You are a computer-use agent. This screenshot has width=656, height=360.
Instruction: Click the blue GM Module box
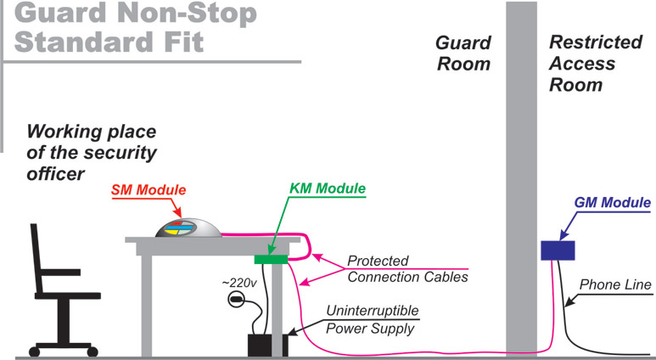click(558, 250)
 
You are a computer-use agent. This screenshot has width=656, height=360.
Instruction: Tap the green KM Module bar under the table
click(272, 259)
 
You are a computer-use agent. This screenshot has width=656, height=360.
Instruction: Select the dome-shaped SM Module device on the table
click(190, 227)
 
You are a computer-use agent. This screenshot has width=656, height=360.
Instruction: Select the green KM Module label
click(326, 188)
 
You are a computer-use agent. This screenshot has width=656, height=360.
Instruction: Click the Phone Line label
click(615, 285)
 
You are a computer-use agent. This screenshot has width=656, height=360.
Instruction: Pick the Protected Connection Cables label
click(407, 269)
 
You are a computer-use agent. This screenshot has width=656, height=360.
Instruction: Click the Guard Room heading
click(463, 53)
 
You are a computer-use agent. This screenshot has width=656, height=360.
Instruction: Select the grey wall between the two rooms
click(522, 170)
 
